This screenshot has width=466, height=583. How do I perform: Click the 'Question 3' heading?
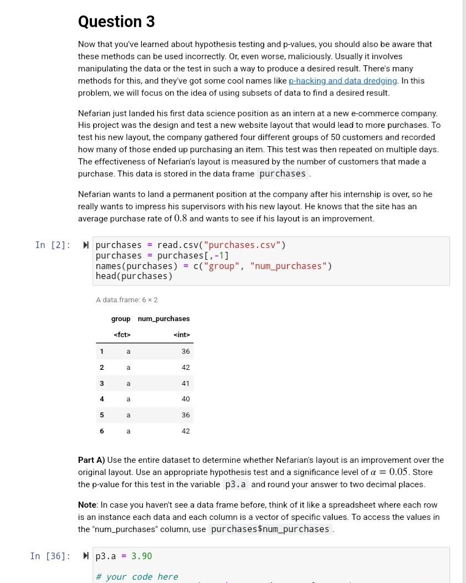point(116,22)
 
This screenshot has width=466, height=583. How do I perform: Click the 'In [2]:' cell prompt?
point(53,245)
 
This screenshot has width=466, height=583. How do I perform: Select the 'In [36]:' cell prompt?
point(50,556)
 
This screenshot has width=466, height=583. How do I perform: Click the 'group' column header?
point(121,319)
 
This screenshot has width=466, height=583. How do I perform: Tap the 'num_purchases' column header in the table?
point(163,319)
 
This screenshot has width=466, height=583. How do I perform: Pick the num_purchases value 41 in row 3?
point(185,383)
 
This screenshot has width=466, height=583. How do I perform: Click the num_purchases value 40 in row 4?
point(185,399)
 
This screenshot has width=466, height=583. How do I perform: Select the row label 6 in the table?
point(101,431)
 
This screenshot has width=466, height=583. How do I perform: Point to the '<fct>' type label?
point(121,334)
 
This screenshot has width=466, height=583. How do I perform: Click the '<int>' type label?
point(181,334)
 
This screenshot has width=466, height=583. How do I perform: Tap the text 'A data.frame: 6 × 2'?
point(126,300)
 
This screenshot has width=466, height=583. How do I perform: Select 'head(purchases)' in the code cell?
point(134,276)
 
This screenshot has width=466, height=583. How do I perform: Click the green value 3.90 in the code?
point(141,556)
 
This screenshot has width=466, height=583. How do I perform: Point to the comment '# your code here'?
point(137,576)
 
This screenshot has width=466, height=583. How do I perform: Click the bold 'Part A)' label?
point(91,460)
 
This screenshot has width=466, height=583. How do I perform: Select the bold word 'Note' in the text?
point(88,505)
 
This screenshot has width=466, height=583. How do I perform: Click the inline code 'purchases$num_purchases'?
point(270,529)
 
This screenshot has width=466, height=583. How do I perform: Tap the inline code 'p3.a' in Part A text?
point(235,484)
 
